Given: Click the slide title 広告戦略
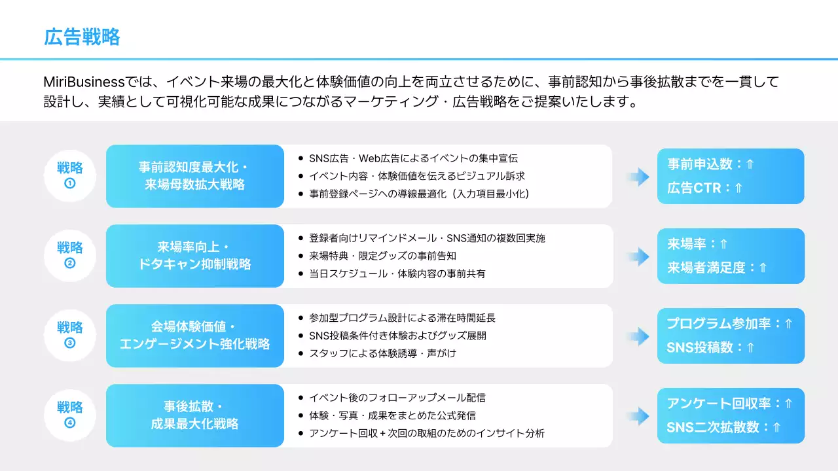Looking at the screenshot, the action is point(82,37).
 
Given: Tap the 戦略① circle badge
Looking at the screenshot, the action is point(70,175).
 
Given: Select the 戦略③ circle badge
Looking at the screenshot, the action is point(70,335).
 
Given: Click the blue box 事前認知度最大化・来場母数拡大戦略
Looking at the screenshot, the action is point(195,176).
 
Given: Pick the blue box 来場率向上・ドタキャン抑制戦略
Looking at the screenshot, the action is point(195,256).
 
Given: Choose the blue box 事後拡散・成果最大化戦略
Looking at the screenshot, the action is point(195,415).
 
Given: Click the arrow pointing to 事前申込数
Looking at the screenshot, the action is point(636,176).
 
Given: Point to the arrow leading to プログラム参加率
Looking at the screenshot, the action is point(636,336).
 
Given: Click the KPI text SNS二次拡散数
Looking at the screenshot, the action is point(717,427).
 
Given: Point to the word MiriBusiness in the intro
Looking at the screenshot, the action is point(84,82).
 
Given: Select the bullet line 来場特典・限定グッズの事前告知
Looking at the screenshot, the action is point(384,256).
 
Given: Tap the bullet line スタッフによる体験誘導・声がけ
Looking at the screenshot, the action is point(382,353).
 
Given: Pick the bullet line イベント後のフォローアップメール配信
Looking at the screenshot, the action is point(397,398).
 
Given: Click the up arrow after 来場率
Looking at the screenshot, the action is point(723,244).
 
